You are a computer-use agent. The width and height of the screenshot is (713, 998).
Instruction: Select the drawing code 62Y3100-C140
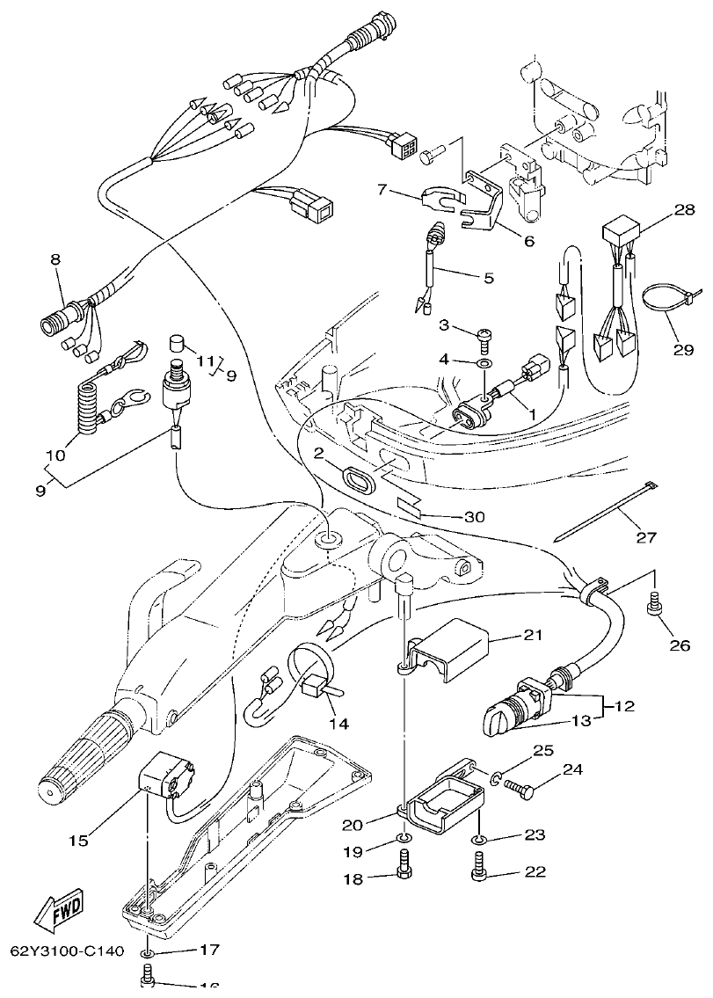click(x=67, y=951)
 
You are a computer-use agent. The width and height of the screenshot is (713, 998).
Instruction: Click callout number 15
click(x=78, y=841)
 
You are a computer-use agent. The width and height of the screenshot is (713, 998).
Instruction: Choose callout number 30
click(x=474, y=517)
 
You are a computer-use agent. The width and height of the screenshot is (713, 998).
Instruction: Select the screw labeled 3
click(x=484, y=335)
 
